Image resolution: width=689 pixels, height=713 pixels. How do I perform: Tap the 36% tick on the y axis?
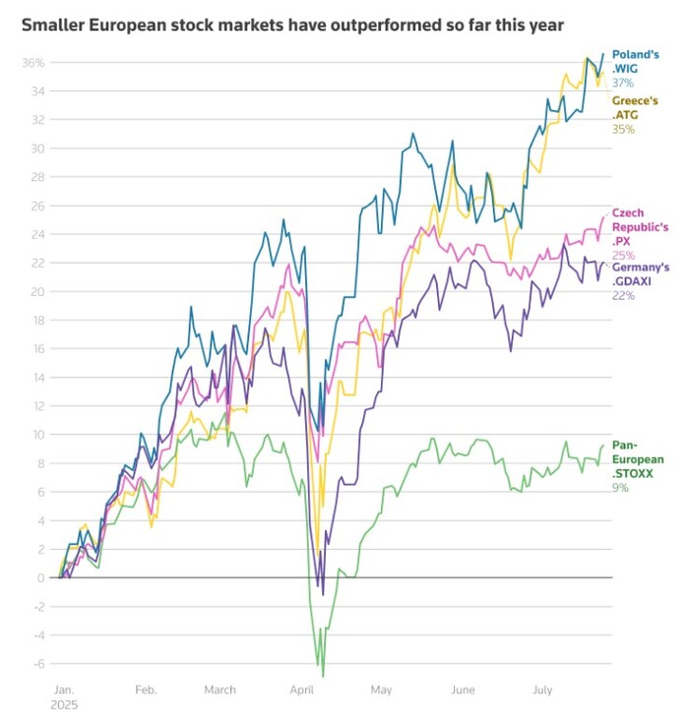[33, 63]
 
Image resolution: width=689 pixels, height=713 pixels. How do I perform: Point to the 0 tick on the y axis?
[40, 577]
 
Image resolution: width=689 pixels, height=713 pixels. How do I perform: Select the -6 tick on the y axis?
[38, 663]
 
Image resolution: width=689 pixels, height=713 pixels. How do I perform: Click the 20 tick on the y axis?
[38, 291]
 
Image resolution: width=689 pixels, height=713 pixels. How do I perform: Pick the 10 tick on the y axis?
[38, 434]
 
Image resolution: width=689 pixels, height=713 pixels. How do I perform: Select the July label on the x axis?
[543, 690]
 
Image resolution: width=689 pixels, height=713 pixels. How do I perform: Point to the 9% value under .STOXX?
[620, 487]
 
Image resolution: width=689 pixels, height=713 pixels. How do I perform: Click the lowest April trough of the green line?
[322, 676]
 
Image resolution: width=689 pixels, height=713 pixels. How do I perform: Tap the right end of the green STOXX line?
[603, 446]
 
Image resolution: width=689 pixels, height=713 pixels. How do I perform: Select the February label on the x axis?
[145, 690]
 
